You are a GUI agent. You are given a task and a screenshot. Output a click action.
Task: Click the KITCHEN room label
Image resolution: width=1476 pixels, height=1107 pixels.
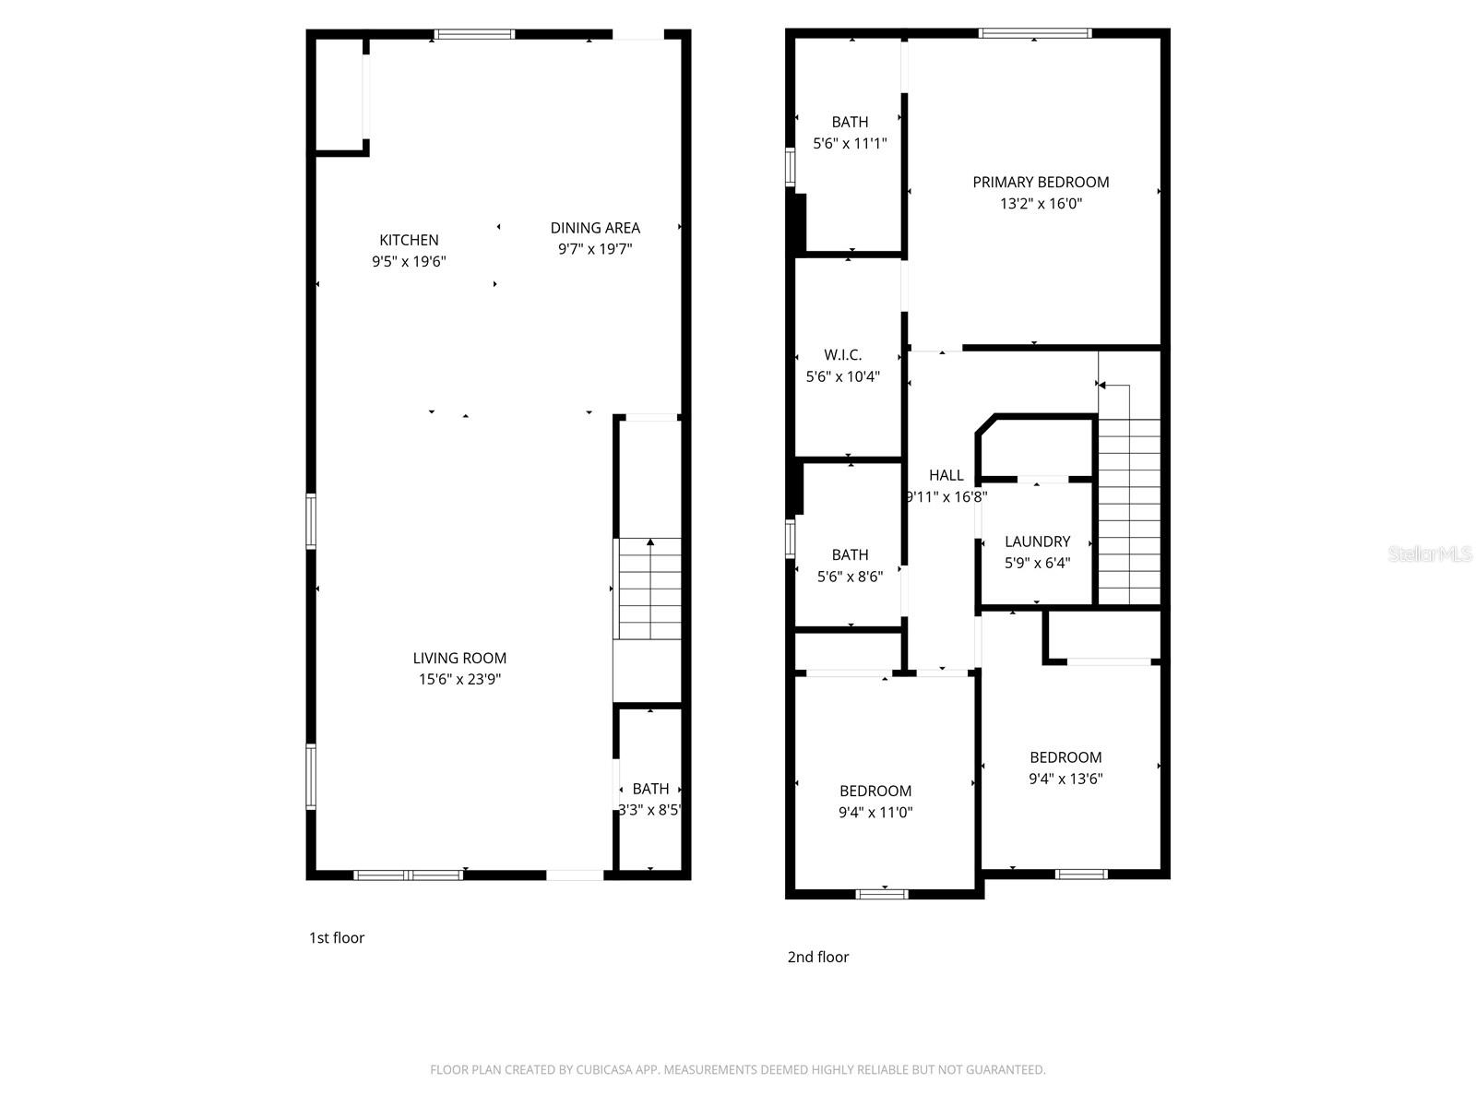click(409, 240)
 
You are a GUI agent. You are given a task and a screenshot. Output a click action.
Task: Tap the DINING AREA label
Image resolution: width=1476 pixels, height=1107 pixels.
click(595, 228)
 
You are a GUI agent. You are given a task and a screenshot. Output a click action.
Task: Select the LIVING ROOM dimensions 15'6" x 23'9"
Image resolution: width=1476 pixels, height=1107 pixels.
click(459, 680)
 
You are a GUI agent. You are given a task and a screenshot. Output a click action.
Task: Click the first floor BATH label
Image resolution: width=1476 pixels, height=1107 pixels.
click(650, 789)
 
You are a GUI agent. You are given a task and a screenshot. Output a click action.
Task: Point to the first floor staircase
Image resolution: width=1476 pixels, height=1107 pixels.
click(649, 589)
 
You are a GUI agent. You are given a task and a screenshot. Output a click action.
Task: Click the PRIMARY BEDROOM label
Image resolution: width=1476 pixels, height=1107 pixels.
click(1041, 183)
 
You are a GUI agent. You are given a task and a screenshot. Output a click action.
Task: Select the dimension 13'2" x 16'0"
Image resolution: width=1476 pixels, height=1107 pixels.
click(1041, 204)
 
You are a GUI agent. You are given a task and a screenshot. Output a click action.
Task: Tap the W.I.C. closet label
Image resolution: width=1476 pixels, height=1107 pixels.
click(842, 355)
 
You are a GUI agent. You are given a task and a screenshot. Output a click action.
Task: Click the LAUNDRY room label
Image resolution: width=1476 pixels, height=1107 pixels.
click(1037, 542)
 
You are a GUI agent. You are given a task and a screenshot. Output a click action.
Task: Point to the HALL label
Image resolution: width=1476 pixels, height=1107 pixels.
click(946, 475)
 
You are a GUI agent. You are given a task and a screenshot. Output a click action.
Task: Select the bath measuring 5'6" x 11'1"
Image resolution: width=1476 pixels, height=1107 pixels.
click(849, 132)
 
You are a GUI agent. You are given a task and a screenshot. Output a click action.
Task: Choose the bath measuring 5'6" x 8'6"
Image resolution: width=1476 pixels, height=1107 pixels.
click(850, 565)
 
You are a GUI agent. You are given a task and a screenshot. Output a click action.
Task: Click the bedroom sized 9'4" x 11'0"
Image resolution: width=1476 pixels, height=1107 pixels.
click(875, 801)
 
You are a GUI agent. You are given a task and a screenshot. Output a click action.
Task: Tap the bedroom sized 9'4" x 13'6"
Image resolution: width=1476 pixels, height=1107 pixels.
click(1065, 768)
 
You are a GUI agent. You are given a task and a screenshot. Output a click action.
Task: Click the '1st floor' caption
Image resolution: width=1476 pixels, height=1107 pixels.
click(337, 938)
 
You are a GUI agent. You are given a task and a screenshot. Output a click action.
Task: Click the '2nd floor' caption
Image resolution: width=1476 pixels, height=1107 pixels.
click(817, 958)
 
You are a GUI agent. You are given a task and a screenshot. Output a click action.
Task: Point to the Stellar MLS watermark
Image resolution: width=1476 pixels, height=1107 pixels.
click(1429, 553)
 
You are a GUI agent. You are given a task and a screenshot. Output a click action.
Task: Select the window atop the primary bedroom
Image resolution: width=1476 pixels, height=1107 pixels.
click(1034, 33)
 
